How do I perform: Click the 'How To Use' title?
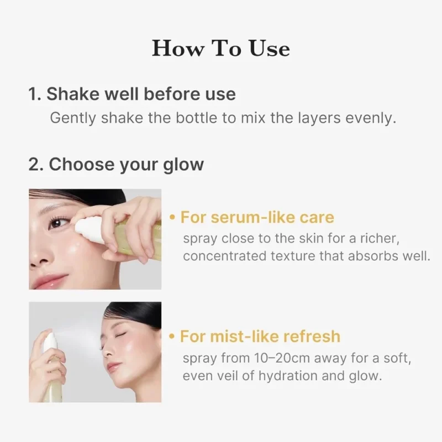pyautogui.click(x=221, y=48)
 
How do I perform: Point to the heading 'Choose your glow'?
pyautogui.click(x=126, y=164)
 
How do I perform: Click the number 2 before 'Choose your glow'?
pyautogui.click(x=34, y=164)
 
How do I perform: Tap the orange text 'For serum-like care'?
pyautogui.click(x=257, y=217)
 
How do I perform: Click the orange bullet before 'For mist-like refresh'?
pyautogui.click(x=173, y=336)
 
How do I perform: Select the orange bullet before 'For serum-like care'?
pyautogui.click(x=173, y=217)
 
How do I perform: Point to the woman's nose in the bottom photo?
pyautogui.click(x=106, y=348)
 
